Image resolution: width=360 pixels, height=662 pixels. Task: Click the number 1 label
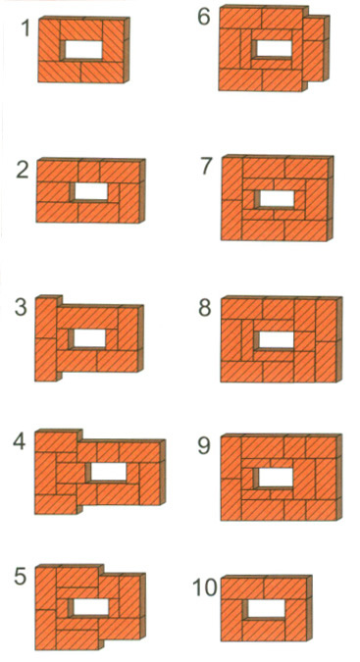(x=26, y=28)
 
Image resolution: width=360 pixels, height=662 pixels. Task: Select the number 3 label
(x=21, y=307)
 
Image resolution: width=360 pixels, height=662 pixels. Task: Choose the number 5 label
(x=21, y=576)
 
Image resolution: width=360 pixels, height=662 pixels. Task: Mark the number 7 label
(x=206, y=166)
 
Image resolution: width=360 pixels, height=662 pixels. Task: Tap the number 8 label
(x=205, y=307)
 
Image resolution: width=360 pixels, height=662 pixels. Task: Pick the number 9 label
(x=204, y=445)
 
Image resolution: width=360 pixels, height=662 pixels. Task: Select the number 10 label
(x=206, y=587)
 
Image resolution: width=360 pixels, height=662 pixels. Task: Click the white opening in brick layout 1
(x=84, y=50)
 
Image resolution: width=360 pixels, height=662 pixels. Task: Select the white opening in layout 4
(x=109, y=472)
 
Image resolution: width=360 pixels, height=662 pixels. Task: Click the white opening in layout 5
(x=91, y=607)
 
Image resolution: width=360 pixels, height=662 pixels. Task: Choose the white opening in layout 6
(x=275, y=48)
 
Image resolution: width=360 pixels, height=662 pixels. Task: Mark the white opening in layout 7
(x=278, y=198)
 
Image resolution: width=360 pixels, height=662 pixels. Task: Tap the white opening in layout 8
(x=277, y=340)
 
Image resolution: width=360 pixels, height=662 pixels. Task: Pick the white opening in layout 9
(x=276, y=477)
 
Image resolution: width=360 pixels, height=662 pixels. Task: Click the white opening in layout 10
(x=266, y=608)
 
